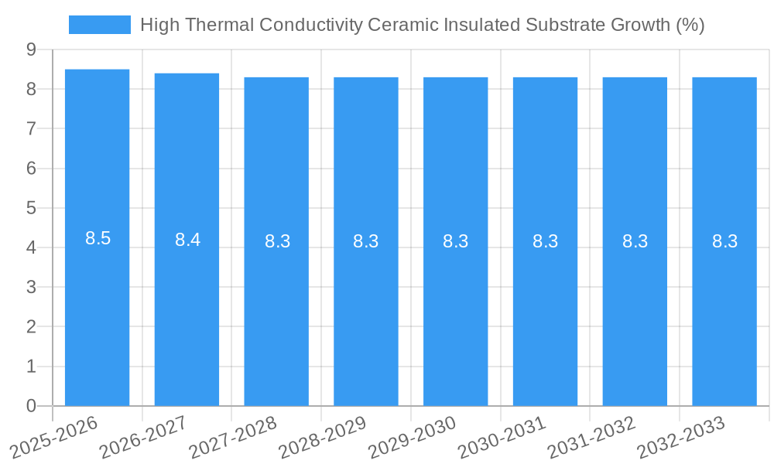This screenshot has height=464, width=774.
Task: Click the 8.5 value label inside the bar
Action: tap(98, 238)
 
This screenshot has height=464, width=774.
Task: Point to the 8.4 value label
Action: tap(187, 240)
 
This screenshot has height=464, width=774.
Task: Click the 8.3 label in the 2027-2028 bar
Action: tap(277, 241)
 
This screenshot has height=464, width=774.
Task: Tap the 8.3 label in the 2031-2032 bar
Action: tap(635, 241)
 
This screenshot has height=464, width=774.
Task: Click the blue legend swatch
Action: tap(100, 25)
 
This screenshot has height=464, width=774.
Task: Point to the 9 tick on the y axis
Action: tap(31, 49)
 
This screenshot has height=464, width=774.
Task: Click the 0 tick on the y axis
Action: tap(31, 406)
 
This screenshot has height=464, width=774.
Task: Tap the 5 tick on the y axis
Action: tap(31, 208)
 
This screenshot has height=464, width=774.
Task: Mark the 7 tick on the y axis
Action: tap(31, 128)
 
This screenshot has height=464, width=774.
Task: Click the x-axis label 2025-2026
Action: tap(54, 436)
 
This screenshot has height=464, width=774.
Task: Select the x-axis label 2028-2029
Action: tap(322, 437)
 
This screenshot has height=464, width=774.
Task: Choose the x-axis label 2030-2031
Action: tap(502, 437)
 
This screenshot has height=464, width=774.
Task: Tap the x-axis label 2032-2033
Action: tap(681, 437)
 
